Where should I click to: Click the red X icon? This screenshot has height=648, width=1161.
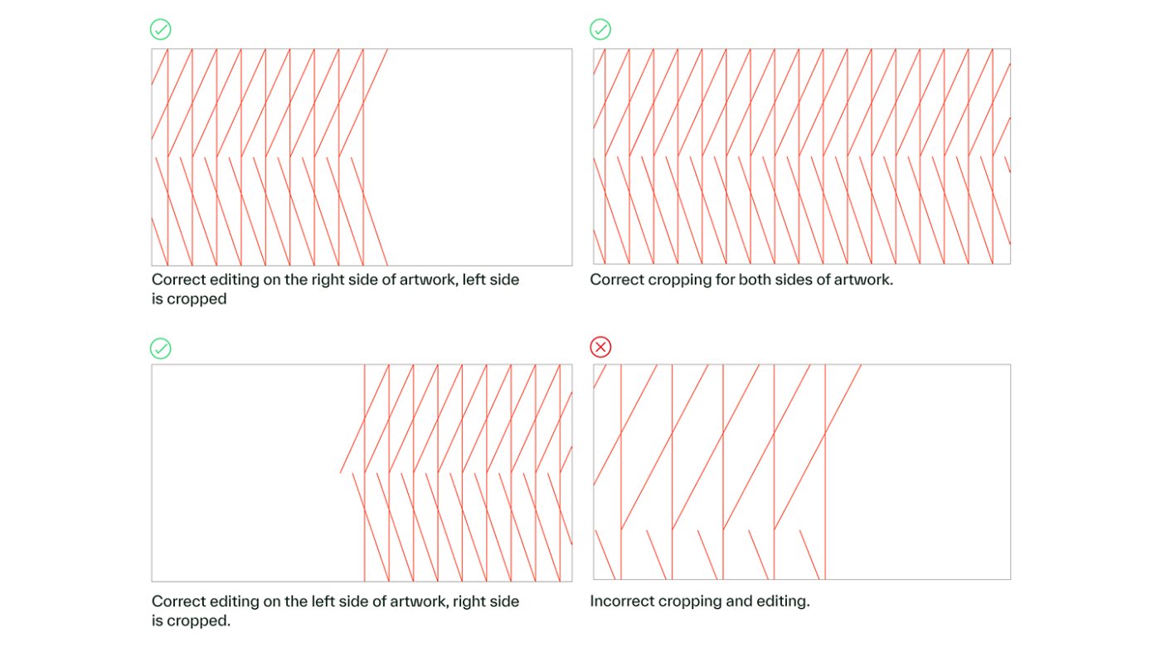coord(600,347)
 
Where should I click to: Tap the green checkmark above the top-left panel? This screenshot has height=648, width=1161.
coord(161,30)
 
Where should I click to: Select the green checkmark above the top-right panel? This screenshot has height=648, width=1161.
coord(600,30)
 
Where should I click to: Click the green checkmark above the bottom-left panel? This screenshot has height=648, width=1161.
coord(161,348)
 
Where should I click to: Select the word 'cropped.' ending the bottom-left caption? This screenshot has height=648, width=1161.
coord(198,621)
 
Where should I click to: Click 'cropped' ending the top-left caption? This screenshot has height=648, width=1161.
coord(197,300)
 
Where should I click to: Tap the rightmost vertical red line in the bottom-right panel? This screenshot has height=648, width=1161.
coord(825,472)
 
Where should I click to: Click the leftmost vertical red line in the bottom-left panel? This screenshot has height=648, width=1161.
coord(364,473)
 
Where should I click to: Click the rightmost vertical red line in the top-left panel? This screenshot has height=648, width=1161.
coord(363,157)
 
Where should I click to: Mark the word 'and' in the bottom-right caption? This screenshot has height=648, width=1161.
coord(738,601)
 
